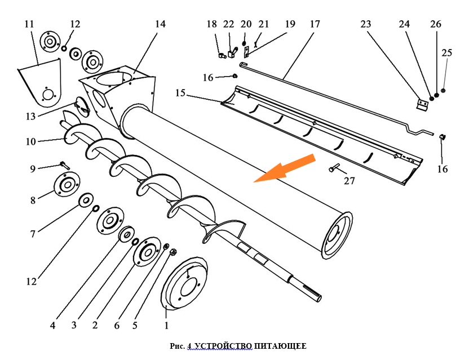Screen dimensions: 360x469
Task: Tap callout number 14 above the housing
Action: [160, 24]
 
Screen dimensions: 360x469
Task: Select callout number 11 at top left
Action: [29, 24]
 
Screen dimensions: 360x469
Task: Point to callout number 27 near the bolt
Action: [349, 181]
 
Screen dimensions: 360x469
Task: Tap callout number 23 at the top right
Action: [366, 24]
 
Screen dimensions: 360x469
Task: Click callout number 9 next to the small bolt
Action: [33, 168]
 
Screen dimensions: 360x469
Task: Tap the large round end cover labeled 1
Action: [184, 285]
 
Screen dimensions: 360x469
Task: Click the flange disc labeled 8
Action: [67, 185]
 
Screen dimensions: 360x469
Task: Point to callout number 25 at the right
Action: [446, 52]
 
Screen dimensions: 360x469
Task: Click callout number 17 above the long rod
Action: [314, 24]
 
